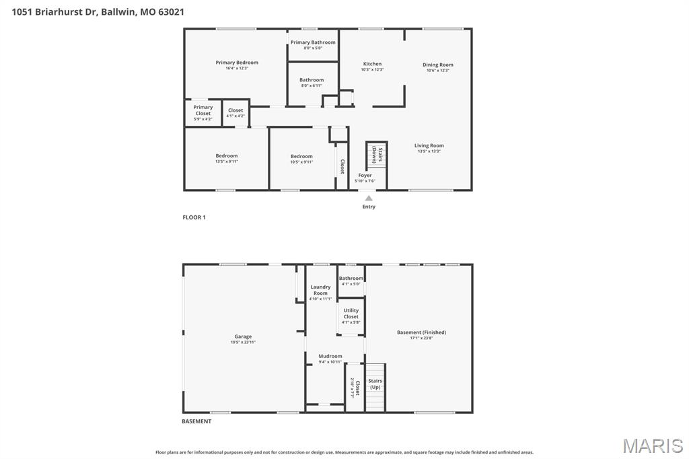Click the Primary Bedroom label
[237, 63]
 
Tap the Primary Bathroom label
[313, 42]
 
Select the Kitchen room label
[372, 64]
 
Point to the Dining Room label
[437, 65]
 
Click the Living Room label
[429, 145]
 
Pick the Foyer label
[365, 176]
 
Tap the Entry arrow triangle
[369, 198]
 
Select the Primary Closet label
[203, 110]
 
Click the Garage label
[243, 337]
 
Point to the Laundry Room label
[320, 290]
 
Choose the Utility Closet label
[351, 314]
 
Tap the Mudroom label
[330, 356]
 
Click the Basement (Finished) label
[421, 332]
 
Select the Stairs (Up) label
[375, 384]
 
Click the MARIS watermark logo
[653, 446]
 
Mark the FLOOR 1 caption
[194, 217]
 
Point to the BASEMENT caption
[196, 421]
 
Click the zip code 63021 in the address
[171, 11]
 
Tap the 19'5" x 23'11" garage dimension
[243, 343]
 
